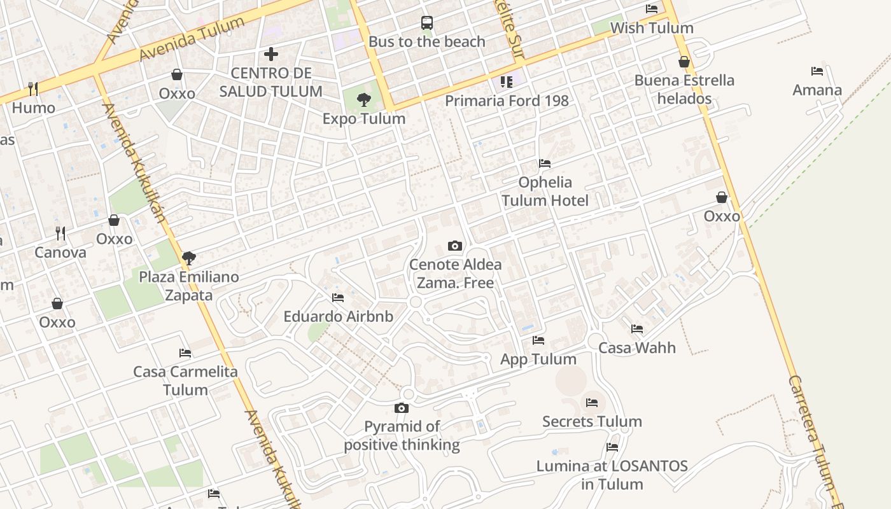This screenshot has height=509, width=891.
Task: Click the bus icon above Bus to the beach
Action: click(x=427, y=24)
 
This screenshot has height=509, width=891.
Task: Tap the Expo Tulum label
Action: click(x=363, y=118)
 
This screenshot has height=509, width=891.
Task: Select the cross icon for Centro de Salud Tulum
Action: click(x=271, y=53)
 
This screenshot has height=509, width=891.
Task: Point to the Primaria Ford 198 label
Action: click(x=507, y=101)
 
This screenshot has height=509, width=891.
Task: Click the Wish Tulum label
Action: click(x=652, y=28)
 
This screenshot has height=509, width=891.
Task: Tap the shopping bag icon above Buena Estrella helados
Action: click(x=684, y=62)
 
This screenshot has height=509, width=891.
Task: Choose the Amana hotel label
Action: click(x=817, y=90)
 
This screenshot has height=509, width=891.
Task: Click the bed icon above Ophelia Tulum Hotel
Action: click(x=545, y=164)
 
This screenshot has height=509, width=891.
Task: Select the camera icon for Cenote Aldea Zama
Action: click(x=455, y=246)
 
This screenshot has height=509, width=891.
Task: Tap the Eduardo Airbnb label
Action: click(x=338, y=316)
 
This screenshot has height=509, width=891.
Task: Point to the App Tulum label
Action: click(x=538, y=359)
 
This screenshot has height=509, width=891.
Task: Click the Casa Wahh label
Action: click(x=637, y=347)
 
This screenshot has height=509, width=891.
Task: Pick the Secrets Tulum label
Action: click(x=592, y=421)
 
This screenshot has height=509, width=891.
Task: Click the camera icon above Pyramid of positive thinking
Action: click(x=402, y=408)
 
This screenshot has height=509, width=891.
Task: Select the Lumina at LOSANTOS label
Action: click(x=612, y=475)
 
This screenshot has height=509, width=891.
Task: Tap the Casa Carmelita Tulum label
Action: click(x=185, y=380)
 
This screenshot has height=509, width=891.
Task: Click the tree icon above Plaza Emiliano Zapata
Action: click(x=188, y=258)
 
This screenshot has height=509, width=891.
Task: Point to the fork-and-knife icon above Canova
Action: click(x=60, y=234)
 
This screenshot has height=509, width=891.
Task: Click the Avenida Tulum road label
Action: click(x=192, y=39)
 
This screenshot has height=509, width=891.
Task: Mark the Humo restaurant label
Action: click(x=34, y=108)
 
